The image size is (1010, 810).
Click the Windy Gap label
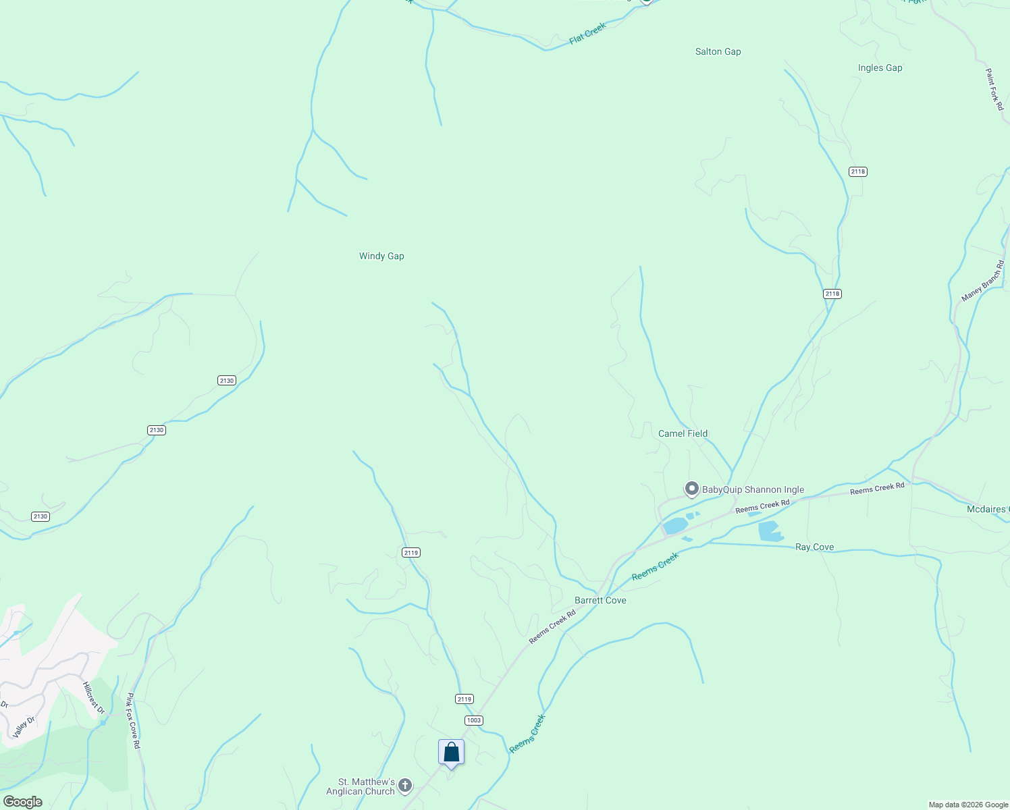[381, 256]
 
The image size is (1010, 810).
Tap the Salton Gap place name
[718, 51]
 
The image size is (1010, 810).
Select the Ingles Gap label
[880, 67]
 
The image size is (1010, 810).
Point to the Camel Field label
[683, 433]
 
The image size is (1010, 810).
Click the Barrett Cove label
[600, 600]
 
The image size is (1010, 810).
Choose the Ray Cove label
[814, 547]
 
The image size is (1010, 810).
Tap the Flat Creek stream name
[587, 34]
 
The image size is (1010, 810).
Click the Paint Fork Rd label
[994, 89]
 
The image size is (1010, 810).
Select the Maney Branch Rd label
[983, 281]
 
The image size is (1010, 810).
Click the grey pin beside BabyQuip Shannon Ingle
[691, 489]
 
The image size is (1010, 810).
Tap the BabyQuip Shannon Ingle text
[753, 490]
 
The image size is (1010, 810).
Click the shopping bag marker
[451, 752]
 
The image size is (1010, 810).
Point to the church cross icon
[405, 785]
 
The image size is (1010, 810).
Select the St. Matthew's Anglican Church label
[361, 786]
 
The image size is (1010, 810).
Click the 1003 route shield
[473, 720]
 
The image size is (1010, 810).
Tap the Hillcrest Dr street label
[94, 698]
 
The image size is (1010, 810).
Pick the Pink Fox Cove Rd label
[133, 721]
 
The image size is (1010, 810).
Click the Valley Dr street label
[24, 727]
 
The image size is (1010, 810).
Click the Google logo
[22, 802]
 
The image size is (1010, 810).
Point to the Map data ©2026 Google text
[967, 805]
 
